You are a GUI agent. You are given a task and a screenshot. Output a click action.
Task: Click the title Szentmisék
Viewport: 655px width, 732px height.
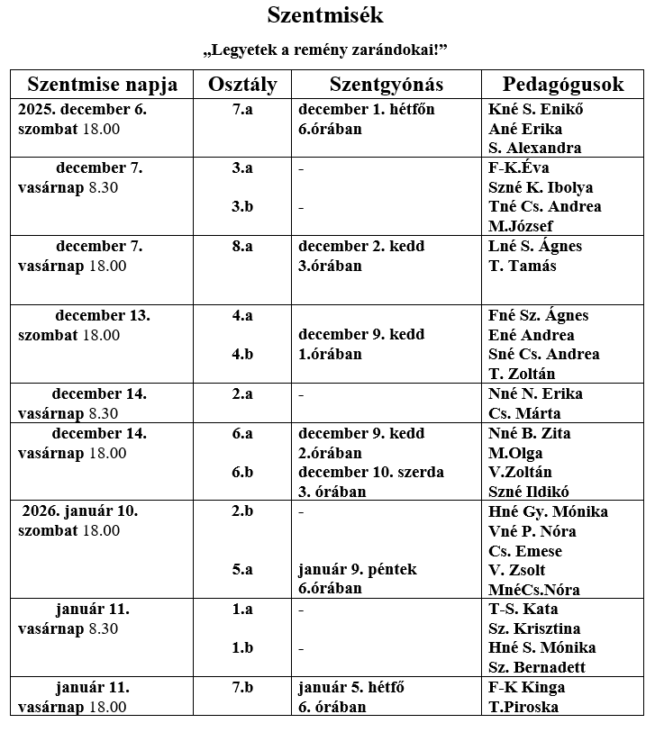coord(325,15)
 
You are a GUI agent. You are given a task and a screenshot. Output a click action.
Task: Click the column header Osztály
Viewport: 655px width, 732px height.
coord(242,85)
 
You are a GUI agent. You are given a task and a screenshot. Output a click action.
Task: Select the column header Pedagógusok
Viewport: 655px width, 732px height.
coord(563,85)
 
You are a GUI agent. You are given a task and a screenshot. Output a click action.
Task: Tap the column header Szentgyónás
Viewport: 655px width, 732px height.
coord(387,85)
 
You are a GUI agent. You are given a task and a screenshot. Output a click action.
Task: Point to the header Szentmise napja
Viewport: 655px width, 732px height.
coord(103,85)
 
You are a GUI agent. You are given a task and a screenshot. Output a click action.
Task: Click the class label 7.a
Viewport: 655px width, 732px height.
coord(242,110)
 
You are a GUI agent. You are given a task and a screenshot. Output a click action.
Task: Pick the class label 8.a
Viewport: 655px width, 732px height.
coord(242,246)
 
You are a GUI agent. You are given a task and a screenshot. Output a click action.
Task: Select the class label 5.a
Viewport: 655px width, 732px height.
coord(242,569)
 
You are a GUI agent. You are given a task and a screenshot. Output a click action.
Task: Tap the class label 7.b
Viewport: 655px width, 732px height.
coord(242,688)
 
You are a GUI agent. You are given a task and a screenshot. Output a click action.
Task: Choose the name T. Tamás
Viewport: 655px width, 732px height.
coord(523,266)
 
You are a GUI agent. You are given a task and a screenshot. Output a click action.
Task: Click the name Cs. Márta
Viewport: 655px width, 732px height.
coord(524,413)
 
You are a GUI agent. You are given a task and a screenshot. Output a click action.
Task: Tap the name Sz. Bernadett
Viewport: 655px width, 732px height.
coord(537,667)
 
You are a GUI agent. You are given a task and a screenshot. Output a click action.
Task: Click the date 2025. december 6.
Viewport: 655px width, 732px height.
coord(82,110)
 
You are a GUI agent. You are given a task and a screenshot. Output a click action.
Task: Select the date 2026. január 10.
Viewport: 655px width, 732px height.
coord(80,511)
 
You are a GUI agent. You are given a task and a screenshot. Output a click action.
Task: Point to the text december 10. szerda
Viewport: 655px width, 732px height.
coord(371,472)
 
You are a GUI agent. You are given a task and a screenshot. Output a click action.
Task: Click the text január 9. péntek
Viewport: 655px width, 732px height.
coord(358,569)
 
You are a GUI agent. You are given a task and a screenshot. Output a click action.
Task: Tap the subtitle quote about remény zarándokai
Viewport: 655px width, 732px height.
coord(325,48)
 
